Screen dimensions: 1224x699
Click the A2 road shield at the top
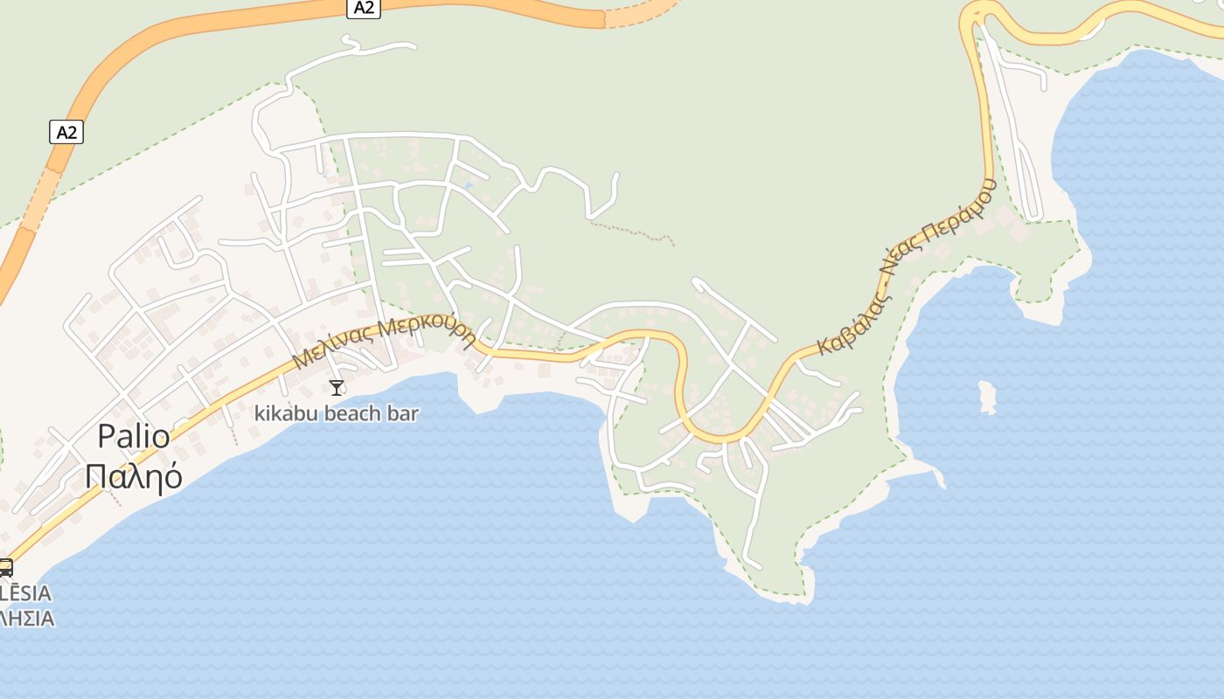364,8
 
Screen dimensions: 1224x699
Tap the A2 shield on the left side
66,133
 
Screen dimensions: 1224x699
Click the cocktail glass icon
337,387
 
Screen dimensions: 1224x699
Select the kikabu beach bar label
337,413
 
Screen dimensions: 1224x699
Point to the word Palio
133,435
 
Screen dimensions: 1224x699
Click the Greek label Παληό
134,476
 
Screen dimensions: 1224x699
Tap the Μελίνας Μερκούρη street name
384,343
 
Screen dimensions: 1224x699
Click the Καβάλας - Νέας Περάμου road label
907,266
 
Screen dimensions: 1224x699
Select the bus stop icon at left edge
5,567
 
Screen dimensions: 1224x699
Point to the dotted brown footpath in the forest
631,232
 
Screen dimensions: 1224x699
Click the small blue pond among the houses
469,185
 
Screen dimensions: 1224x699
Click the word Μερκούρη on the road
428,332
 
